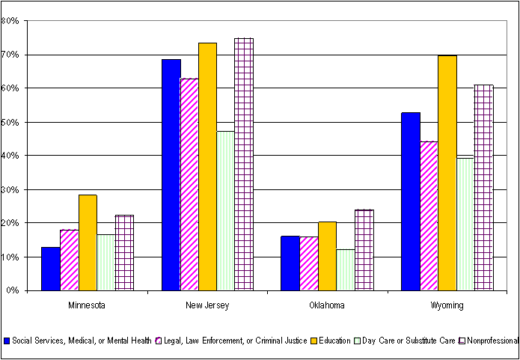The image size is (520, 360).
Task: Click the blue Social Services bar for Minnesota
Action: pos(51,269)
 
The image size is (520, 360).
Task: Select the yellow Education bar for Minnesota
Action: pos(88,242)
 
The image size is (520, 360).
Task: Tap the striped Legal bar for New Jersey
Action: pos(189,184)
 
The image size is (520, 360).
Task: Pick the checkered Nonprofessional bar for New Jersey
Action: pos(244,165)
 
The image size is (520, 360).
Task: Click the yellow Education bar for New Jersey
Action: pos(207,167)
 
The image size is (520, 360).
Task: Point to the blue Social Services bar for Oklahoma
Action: pos(290,263)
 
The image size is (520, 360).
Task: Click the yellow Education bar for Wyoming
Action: pos(447,173)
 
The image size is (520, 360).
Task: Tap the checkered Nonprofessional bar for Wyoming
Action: pos(483,188)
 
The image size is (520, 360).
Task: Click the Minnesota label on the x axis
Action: pos(88,305)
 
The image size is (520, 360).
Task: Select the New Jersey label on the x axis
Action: pos(208,305)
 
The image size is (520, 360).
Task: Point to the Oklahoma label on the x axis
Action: pos(328,305)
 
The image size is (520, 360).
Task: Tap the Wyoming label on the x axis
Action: pos(447,305)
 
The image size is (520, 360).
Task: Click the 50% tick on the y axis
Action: pos(10,122)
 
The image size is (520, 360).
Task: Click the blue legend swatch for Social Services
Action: pos(7,341)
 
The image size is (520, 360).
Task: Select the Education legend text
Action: pos(334,341)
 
